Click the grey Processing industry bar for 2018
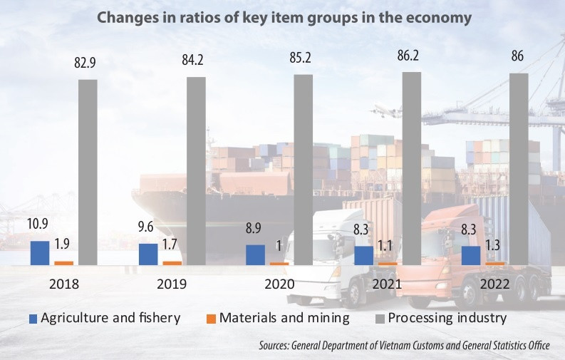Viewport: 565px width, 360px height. click(88, 172)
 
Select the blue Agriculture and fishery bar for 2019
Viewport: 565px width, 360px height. click(148, 254)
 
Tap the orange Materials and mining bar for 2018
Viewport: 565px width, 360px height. click(63, 262)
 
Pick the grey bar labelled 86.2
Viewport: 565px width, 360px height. click(412, 168)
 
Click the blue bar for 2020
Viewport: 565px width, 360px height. click(255, 254)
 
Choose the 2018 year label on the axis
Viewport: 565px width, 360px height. click(64, 284)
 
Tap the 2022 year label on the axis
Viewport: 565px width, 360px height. click(494, 284)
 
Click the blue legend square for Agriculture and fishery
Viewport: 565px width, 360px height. click(33, 318)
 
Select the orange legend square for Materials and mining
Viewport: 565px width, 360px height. click(212, 318)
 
